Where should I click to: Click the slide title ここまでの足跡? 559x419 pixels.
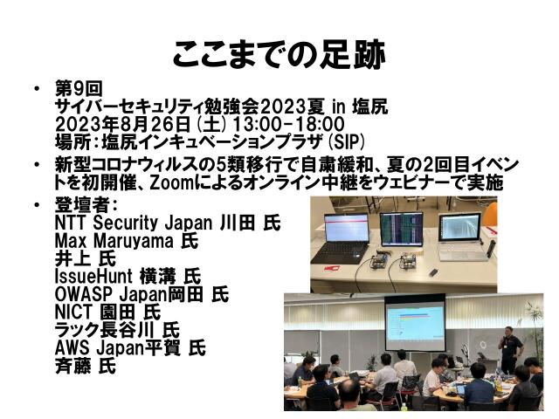point(279,54)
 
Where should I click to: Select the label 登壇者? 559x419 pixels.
point(84,206)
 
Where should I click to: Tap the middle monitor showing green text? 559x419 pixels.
point(402,230)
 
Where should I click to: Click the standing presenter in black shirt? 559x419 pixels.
point(509,349)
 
